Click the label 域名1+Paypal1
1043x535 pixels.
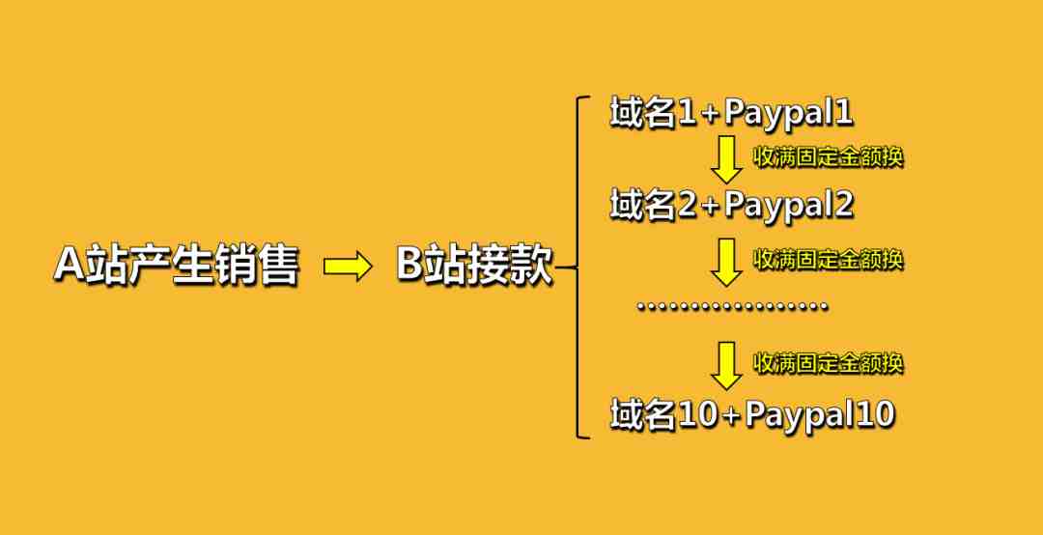[732, 115]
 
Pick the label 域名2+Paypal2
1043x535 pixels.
[732, 205]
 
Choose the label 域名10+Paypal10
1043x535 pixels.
[752, 415]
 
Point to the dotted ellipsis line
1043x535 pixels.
[732, 307]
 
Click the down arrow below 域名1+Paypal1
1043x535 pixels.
[726, 159]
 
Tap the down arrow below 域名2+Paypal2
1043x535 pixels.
[726, 262]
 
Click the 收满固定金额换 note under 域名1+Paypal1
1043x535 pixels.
[828, 156]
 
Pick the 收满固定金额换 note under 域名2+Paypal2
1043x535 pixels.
[828, 259]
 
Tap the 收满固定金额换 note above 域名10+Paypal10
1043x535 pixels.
[828, 363]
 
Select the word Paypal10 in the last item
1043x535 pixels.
[820, 415]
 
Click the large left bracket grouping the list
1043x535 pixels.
[579, 267]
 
